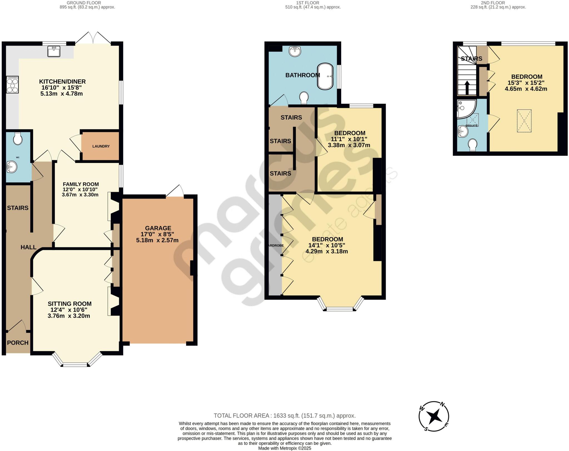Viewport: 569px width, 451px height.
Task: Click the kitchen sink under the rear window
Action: [54, 51]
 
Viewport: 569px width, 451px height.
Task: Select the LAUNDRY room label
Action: [101, 146]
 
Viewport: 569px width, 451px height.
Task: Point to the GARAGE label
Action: [158, 228]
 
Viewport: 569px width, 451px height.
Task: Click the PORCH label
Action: [18, 343]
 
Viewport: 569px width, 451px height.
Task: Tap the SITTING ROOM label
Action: [69, 304]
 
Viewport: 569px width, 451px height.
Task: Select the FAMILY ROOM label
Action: [81, 184]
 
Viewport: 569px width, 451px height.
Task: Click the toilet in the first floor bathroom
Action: [304, 98]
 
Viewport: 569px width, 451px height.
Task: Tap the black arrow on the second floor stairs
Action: [467, 88]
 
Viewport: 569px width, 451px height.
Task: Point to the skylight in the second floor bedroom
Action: [524, 121]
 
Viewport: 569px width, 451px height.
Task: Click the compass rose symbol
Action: [434, 416]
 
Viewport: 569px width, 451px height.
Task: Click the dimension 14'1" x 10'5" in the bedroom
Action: [326, 245]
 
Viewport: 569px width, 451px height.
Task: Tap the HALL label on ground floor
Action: [28, 247]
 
